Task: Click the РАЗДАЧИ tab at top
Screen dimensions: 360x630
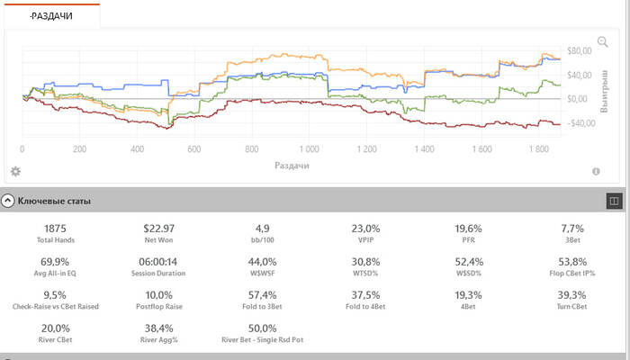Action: [50, 15]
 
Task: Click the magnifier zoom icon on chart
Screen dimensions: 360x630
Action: [602, 42]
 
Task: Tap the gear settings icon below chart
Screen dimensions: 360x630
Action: [15, 171]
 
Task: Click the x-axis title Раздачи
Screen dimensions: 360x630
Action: [292, 166]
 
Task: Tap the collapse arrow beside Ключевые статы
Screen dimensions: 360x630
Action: [8, 202]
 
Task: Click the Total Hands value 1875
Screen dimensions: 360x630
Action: [55, 229]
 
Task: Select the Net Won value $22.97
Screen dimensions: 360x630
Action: [162, 229]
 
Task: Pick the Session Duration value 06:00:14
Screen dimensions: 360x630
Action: [162, 261]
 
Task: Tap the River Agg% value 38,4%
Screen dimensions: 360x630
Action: [162, 328]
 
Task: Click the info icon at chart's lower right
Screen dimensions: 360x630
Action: [596, 171]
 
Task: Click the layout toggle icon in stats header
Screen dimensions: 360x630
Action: [615, 202]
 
